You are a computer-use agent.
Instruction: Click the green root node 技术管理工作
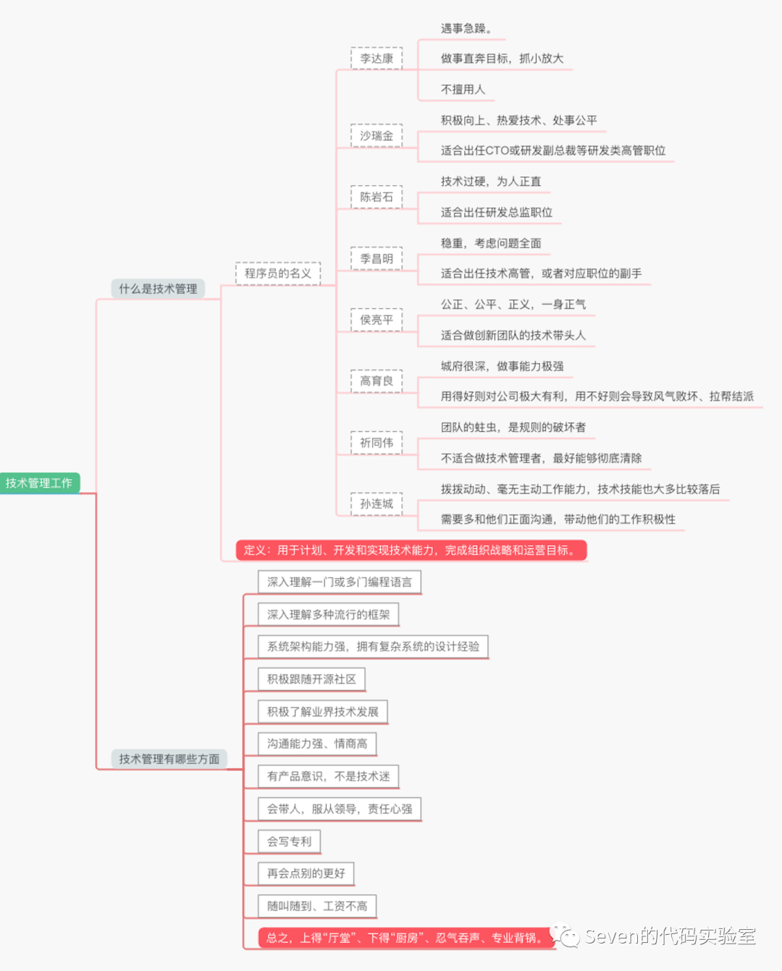[x=39, y=483]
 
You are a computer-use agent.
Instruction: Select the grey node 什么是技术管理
[x=158, y=289]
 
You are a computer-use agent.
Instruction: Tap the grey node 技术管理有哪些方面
[x=169, y=758]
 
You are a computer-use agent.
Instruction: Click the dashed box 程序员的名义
[x=277, y=274]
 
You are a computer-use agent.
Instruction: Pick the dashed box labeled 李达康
[x=377, y=59]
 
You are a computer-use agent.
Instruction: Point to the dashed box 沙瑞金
[x=377, y=136]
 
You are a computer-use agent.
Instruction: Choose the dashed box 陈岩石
[x=377, y=197]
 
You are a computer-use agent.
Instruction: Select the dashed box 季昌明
[x=377, y=258]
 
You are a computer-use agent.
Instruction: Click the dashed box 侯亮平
[x=377, y=320]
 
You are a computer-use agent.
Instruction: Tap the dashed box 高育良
[x=377, y=381]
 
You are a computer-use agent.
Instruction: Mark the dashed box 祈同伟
[x=377, y=443]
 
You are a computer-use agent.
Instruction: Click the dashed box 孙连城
[x=377, y=504]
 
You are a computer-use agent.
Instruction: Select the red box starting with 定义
[x=411, y=550]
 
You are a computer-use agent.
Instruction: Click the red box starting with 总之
[x=405, y=938]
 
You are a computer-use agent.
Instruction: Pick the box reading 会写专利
[x=289, y=841]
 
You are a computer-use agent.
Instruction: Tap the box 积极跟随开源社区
[x=311, y=679]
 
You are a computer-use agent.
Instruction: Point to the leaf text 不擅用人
[x=463, y=90]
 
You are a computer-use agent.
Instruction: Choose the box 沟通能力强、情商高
[x=317, y=744]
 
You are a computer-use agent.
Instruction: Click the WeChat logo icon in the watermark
[x=565, y=936]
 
